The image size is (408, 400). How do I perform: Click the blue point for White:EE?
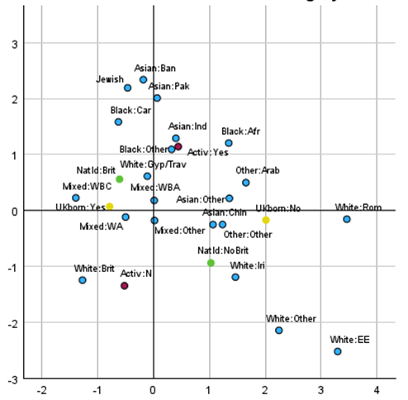point(338,351)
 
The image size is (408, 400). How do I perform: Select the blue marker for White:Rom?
point(347,219)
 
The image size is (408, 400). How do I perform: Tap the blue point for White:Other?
point(279,330)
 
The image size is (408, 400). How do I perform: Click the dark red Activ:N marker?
point(125,286)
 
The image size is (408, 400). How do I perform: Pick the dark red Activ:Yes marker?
point(178,146)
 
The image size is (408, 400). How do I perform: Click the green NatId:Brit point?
point(120,179)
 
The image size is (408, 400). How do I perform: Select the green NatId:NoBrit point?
point(211,263)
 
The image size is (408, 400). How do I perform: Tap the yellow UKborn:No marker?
point(266,220)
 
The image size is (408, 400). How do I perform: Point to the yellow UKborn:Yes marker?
point(110,207)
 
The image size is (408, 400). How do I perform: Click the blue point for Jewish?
point(128,88)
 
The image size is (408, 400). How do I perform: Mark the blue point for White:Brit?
point(83,280)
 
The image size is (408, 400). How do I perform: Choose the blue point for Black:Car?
point(118,121)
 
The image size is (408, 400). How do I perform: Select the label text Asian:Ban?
point(155,68)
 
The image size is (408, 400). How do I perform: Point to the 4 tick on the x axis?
point(377,388)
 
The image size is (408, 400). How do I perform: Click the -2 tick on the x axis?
point(42,388)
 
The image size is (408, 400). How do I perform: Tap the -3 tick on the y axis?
point(13,379)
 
